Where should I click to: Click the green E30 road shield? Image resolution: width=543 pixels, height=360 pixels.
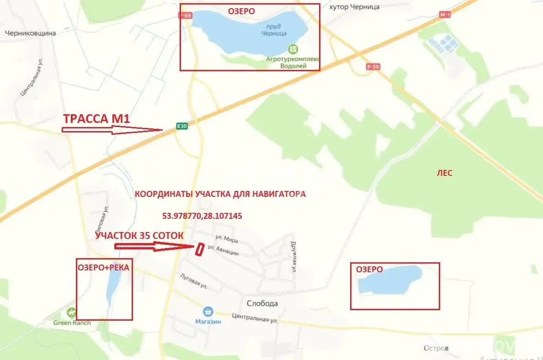point(182,126)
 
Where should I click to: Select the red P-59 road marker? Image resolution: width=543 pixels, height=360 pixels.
point(373,67)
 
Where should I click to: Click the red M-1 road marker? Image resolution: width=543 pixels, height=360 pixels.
point(445,15)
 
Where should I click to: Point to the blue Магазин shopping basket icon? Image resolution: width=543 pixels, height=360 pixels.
point(208,312)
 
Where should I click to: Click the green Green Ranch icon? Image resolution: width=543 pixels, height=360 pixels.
point(71,313)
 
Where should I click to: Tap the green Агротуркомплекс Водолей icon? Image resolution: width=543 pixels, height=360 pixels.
point(293,49)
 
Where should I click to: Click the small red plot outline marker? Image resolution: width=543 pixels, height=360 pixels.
point(199,250)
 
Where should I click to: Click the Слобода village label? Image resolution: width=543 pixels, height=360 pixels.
point(262,303)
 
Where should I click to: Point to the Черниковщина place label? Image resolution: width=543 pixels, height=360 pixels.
point(30,33)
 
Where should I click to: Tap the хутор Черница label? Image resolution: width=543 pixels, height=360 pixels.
point(354,7)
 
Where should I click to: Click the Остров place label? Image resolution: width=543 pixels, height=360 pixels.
point(436,348)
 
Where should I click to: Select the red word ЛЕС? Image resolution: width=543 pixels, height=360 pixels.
point(444,173)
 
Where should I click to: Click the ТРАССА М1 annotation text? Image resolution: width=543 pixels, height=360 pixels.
point(96,119)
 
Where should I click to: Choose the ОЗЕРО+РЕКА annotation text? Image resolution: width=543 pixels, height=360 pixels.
point(104,268)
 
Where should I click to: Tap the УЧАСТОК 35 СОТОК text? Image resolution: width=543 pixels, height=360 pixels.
point(139,236)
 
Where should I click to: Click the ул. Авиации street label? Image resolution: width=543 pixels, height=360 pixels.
point(223,250)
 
